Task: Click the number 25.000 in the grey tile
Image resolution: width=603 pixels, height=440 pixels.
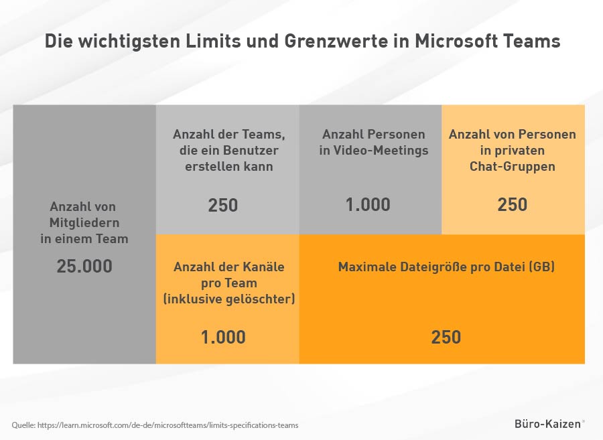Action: [x=84, y=267]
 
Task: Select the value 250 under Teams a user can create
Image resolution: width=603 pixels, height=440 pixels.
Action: [x=223, y=205]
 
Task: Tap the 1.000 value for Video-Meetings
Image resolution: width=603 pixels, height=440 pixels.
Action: [x=368, y=205]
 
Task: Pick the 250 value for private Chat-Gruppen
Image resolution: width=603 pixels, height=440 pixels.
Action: [x=513, y=205]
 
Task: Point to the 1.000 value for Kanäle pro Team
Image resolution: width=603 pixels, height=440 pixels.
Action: [x=223, y=338]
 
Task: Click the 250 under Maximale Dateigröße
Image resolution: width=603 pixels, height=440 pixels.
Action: [x=446, y=338]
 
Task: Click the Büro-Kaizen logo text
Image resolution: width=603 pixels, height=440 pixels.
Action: [x=549, y=424]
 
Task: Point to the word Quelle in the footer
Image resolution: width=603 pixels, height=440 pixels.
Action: [x=23, y=425]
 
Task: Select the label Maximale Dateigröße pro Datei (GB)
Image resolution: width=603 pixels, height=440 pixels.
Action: [x=446, y=267]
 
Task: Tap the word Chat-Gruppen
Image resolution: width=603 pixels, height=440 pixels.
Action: [x=513, y=166]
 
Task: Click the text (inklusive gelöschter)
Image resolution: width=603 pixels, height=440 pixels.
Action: [x=229, y=299]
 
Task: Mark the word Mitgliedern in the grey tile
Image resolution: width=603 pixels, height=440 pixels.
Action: [x=84, y=222]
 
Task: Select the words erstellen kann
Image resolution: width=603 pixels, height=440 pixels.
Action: [x=229, y=166]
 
